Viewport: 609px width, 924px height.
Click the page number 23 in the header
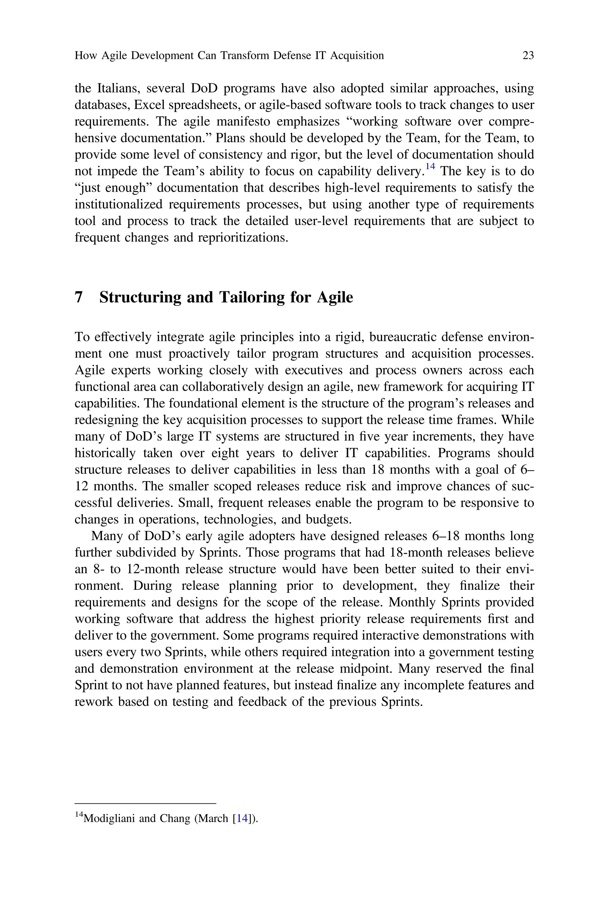tap(528, 56)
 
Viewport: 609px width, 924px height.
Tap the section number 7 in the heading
tap(79, 297)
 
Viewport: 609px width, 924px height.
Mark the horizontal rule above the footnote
tap(145, 803)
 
